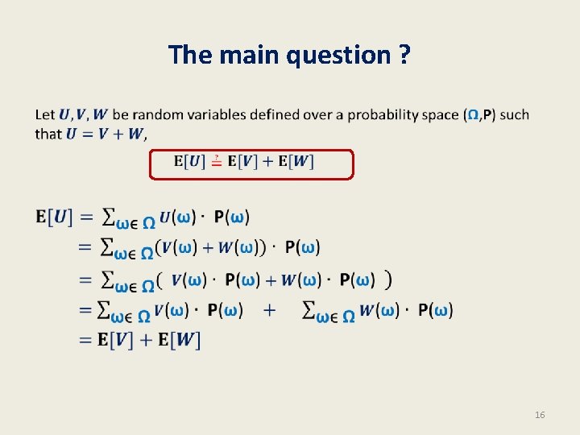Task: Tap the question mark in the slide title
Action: [404, 56]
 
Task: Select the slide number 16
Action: [540, 415]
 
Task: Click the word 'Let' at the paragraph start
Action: [45, 114]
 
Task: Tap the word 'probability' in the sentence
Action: [384, 114]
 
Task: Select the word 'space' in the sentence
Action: [441, 114]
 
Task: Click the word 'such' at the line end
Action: [514, 114]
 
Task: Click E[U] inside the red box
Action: [189, 162]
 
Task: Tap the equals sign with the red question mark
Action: [217, 162]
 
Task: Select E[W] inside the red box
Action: [296, 162]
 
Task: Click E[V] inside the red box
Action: [244, 162]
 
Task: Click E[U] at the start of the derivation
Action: [54, 217]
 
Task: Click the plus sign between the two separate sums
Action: [269, 310]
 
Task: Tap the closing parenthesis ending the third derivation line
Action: [389, 280]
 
